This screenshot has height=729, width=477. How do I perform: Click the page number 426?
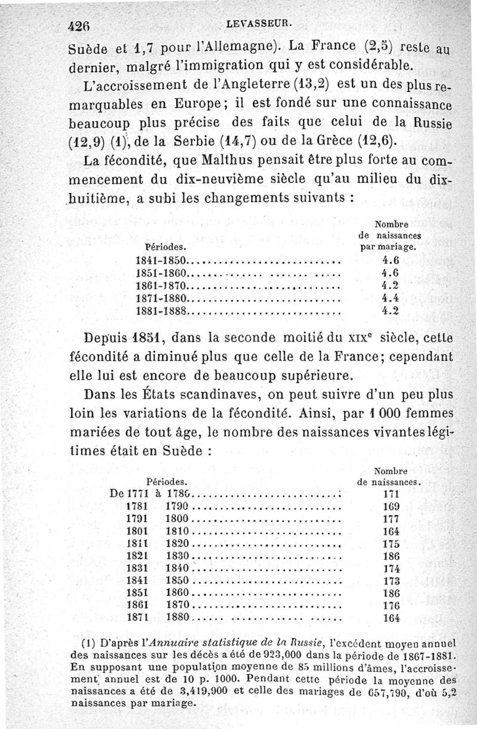pos(79,26)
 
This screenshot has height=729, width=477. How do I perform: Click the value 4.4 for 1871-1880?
pos(389,298)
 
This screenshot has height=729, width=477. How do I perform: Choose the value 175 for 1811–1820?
pos(391,544)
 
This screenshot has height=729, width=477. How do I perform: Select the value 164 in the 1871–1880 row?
pos(391,618)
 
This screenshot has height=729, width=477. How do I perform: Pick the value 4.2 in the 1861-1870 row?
pos(389,286)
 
